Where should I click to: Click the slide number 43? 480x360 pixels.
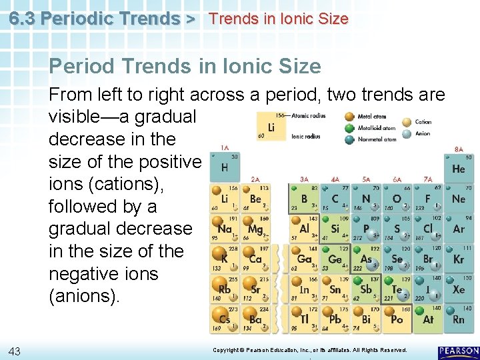coord(16,351)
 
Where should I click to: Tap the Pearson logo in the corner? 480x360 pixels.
coord(459,352)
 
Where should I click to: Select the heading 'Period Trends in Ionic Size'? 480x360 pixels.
coord(185,67)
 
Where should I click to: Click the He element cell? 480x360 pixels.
coord(458,167)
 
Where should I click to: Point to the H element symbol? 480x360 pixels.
coord(225,169)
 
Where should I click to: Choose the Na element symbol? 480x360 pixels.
coord(225,229)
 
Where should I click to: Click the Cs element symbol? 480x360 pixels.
coord(225,319)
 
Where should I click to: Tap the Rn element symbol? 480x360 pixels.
coord(458,319)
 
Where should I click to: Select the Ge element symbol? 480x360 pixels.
coord(334,259)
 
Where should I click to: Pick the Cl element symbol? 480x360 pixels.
coord(428,229)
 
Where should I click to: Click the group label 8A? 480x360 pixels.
coord(459,149)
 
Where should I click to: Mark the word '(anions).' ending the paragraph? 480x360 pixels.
coord(85,296)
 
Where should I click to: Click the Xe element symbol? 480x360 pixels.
coord(458,290)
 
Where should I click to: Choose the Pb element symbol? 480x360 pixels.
coord(335,319)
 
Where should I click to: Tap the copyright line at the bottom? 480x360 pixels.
coord(309,350)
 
